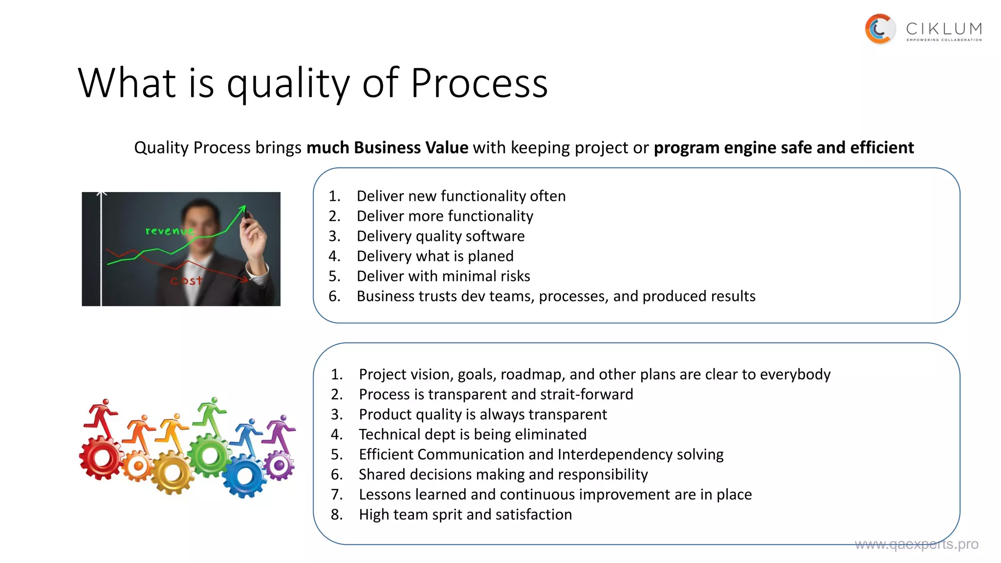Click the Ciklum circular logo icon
point(880,29)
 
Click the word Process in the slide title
point(479,83)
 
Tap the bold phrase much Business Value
point(387,148)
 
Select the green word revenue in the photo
point(169,231)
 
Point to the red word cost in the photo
point(186,281)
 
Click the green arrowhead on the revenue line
point(242,209)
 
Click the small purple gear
point(280,465)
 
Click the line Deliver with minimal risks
point(443,276)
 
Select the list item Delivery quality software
point(440,236)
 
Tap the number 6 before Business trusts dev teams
point(334,296)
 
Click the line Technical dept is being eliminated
point(472,434)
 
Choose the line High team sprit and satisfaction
point(465,515)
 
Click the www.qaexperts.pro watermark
point(916,544)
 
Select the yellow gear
point(172,473)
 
